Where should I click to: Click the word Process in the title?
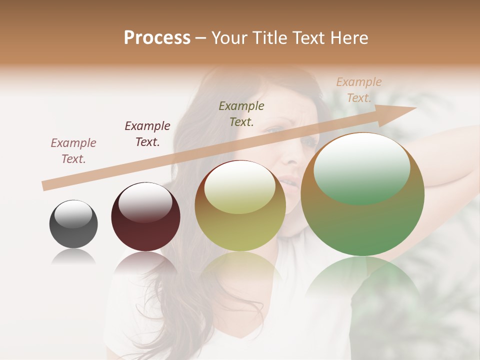point(157,38)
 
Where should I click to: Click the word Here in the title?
point(348,38)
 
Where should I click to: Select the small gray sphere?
point(73,224)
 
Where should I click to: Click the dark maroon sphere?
point(145,217)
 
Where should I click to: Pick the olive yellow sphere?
point(240,206)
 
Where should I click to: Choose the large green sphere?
point(362,194)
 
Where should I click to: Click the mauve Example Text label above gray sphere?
point(73,151)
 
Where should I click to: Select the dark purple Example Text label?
point(147,134)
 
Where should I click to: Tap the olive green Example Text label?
point(241,113)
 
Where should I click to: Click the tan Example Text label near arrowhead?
point(359,90)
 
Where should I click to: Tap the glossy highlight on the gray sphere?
point(73,214)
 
